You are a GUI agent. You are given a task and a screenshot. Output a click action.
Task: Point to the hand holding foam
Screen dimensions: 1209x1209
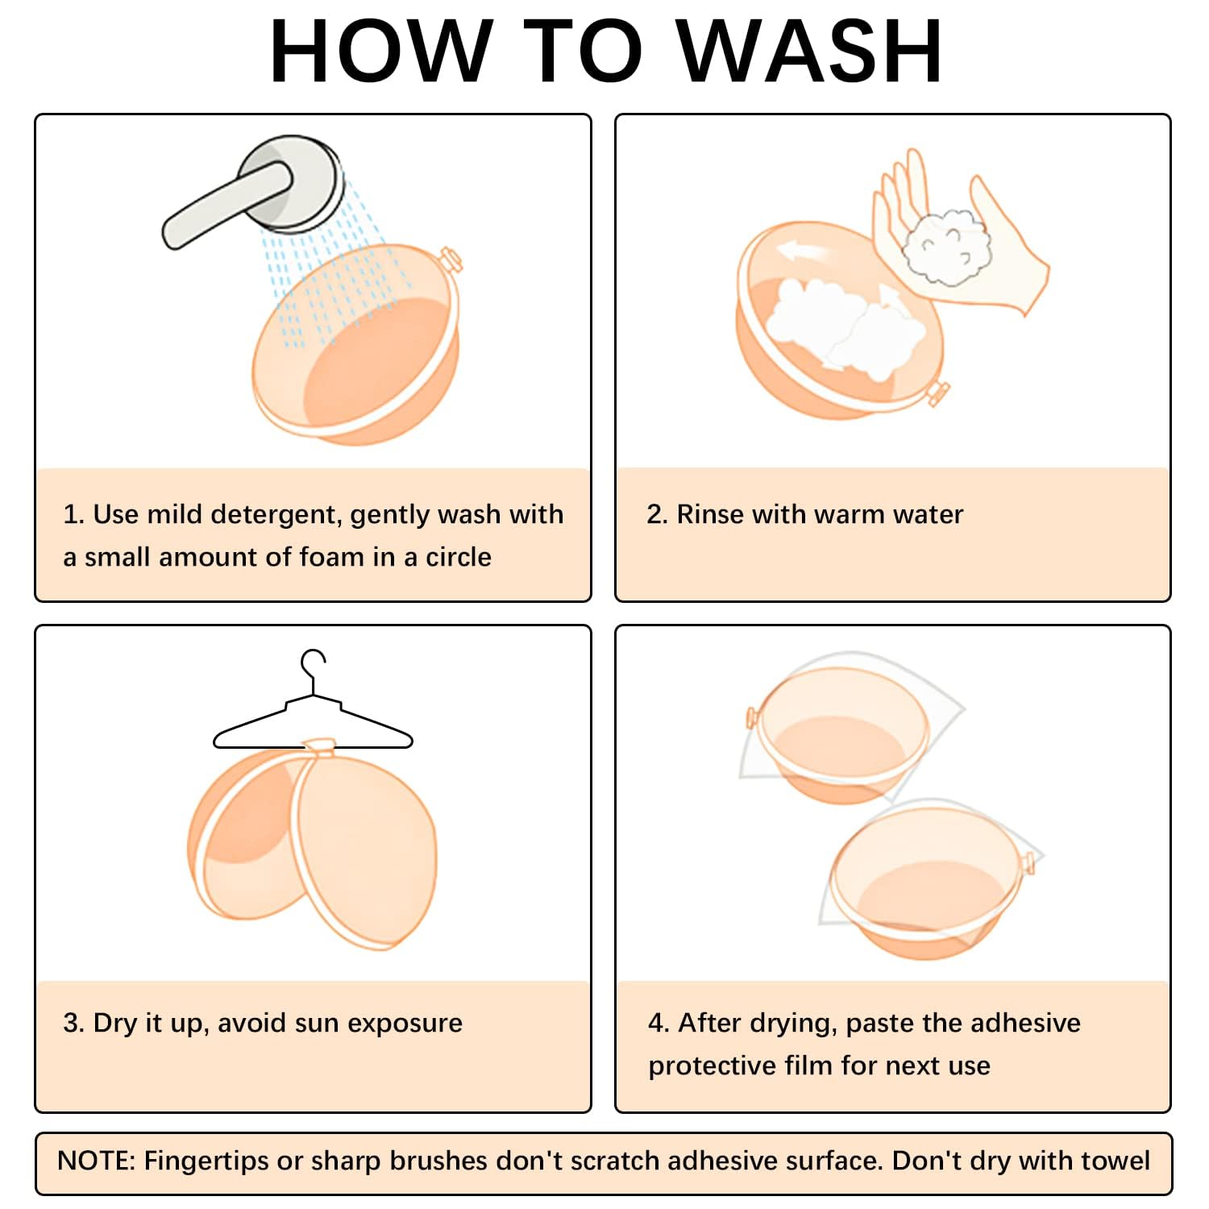(x=959, y=234)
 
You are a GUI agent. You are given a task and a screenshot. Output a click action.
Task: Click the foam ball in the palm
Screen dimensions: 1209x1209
(x=945, y=247)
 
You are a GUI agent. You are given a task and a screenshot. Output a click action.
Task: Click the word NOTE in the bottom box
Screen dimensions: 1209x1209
(x=96, y=1161)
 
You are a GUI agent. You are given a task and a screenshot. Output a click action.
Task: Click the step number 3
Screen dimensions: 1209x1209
(x=73, y=1023)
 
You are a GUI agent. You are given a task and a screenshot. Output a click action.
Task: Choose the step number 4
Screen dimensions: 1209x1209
(x=659, y=1023)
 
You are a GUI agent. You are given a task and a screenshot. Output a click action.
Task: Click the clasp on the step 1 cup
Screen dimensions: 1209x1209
(x=450, y=260)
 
